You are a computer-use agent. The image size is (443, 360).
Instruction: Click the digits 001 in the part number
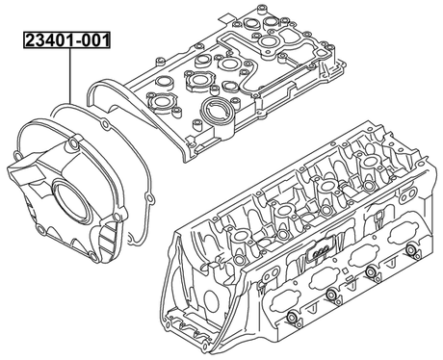(x=92, y=40)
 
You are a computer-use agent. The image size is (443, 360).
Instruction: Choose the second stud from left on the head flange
(x=329, y=294)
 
